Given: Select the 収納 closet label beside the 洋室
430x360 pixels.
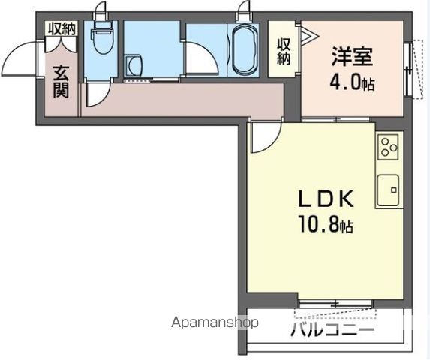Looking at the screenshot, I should point(284,51).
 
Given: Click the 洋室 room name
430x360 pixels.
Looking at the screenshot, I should point(352,57).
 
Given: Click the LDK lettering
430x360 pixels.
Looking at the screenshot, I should point(326,199).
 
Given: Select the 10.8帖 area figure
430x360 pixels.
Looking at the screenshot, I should point(326,223).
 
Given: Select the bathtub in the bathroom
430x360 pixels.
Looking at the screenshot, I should point(243,49).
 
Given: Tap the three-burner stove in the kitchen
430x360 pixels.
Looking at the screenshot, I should point(389,146).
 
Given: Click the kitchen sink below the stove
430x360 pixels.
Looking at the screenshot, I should point(389,190).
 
